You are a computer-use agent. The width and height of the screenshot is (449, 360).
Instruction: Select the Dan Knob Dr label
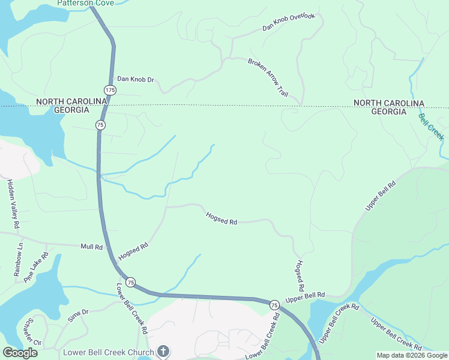click(135, 79)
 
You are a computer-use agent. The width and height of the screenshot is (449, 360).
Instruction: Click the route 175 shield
click(110, 90)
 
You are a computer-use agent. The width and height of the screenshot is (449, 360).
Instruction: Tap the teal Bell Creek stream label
click(431, 127)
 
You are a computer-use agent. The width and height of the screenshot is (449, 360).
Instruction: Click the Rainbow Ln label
click(18, 259)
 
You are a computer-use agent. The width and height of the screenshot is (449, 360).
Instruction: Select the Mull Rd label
click(92, 247)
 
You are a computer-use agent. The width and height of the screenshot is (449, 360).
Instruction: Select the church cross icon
click(163, 351)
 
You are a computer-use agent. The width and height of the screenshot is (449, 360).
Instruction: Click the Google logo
click(20, 352)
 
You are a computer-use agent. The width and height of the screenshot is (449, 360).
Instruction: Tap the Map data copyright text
click(411, 355)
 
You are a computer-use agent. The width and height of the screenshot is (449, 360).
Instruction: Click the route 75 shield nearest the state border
click(100, 125)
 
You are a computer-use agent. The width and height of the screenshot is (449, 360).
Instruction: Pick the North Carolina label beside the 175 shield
click(71, 102)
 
